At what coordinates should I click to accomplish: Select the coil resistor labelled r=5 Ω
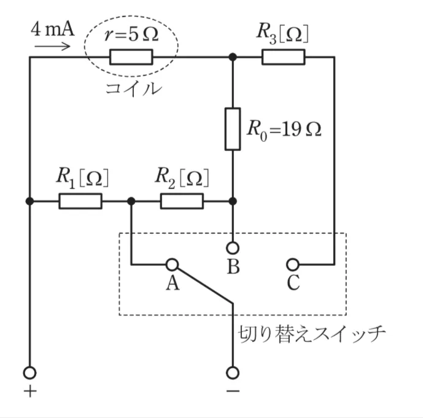pyautogui.click(x=131, y=58)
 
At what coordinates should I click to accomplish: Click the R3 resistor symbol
pyautogui.click(x=283, y=58)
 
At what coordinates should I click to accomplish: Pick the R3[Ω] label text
pyautogui.click(x=282, y=33)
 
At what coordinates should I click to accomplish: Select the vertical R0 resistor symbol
pyautogui.click(x=233, y=129)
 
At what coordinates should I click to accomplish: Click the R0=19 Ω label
pyautogui.click(x=284, y=129)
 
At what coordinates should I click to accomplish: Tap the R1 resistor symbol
pyautogui.click(x=80, y=201)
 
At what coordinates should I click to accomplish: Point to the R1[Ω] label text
pyautogui.click(x=82, y=177)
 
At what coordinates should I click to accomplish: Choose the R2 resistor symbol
pyautogui.click(x=182, y=201)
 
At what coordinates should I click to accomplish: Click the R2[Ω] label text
pyautogui.click(x=182, y=177)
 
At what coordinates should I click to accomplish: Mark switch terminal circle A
pyautogui.click(x=172, y=265)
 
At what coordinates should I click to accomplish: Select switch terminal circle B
pyautogui.click(x=233, y=248)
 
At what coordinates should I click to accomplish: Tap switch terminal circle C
pyautogui.click(x=293, y=265)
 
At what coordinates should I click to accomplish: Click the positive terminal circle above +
pyautogui.click(x=29, y=372)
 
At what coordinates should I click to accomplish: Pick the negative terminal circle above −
pyautogui.click(x=233, y=372)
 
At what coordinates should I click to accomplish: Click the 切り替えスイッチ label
pyautogui.click(x=311, y=335)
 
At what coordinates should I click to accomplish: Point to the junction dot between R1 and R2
pyautogui.click(x=131, y=201)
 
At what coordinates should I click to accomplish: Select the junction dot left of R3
pyautogui.click(x=233, y=58)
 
